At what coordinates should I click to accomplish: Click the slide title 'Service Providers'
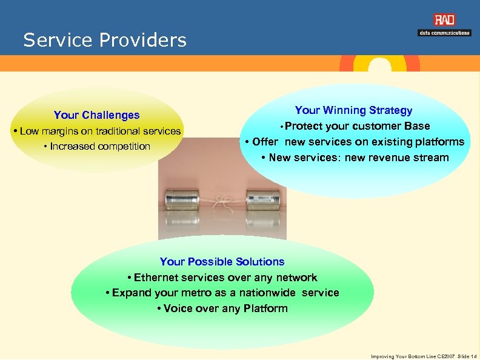click(x=105, y=41)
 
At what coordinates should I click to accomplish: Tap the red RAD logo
click(x=444, y=20)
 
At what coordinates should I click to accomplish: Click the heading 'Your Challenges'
click(x=96, y=115)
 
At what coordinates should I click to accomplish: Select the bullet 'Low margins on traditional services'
click(x=100, y=131)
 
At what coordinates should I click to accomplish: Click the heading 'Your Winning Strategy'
click(x=353, y=110)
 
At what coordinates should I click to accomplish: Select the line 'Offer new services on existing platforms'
click(x=355, y=142)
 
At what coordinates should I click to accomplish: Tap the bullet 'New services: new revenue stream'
click(x=355, y=158)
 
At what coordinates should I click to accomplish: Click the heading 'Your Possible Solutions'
click(x=222, y=262)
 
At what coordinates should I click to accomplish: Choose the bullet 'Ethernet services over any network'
click(x=222, y=278)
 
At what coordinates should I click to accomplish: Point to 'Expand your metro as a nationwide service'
click(x=222, y=293)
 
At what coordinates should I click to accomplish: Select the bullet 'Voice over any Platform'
click(x=222, y=308)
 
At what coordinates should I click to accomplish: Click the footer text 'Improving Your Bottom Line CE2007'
click(x=413, y=356)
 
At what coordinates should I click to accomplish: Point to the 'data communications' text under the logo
click(x=444, y=33)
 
